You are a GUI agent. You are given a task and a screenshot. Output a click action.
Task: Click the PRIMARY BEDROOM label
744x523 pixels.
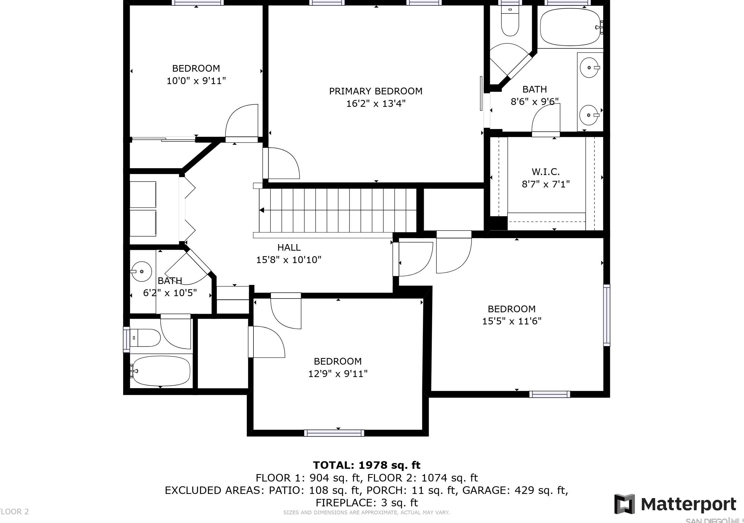pos(376,91)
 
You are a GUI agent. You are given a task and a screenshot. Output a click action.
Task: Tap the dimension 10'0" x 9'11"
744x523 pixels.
pos(196,81)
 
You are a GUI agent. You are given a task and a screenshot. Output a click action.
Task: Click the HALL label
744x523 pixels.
pos(289,247)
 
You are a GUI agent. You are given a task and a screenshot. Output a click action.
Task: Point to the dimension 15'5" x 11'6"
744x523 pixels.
pos(512,321)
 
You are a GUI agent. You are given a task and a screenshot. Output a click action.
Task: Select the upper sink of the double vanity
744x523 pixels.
pos(588,68)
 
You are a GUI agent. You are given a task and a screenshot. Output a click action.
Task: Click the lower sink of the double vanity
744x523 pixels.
pos(588,115)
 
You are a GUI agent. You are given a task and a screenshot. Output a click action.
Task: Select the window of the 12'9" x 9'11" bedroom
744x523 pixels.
pos(334,433)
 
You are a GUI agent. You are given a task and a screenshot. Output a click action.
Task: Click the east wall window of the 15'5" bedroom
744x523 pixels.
pos(606,315)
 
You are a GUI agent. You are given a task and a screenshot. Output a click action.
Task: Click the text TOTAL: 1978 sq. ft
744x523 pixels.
pos(367,465)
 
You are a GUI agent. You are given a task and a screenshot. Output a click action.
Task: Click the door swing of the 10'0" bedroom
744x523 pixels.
pos(241,122)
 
